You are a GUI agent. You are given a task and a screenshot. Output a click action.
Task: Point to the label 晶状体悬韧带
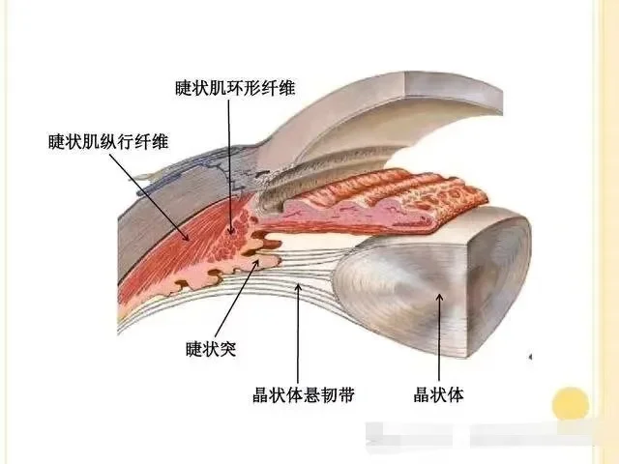302,395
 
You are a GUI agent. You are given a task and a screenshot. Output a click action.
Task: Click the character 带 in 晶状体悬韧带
345,395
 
